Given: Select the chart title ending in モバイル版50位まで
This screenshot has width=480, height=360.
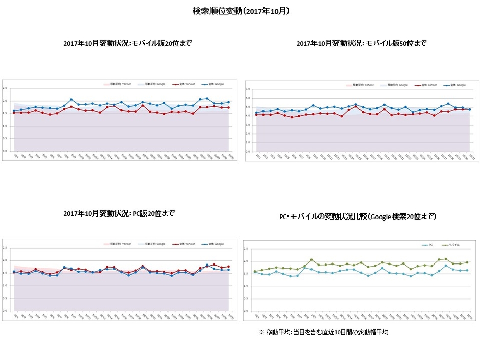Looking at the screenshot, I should coord(361,43).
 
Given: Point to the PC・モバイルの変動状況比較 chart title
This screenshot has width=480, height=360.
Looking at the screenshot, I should coord(358,217).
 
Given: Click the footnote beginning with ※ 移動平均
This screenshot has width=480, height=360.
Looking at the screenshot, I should coord(324,332).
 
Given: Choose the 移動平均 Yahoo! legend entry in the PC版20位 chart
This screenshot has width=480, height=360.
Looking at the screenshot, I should coord(117,244).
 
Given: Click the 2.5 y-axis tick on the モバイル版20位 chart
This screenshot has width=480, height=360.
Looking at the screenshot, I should coord(5,88).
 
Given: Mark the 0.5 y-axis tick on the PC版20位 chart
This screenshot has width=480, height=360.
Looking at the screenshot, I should coord(5,298).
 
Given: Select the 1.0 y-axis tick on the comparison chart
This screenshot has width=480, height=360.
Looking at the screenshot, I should coord(246,286).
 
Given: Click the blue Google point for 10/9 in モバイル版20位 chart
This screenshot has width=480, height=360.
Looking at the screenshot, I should coord(71,100).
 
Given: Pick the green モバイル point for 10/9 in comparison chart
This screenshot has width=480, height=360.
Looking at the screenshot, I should coord(311,260).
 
